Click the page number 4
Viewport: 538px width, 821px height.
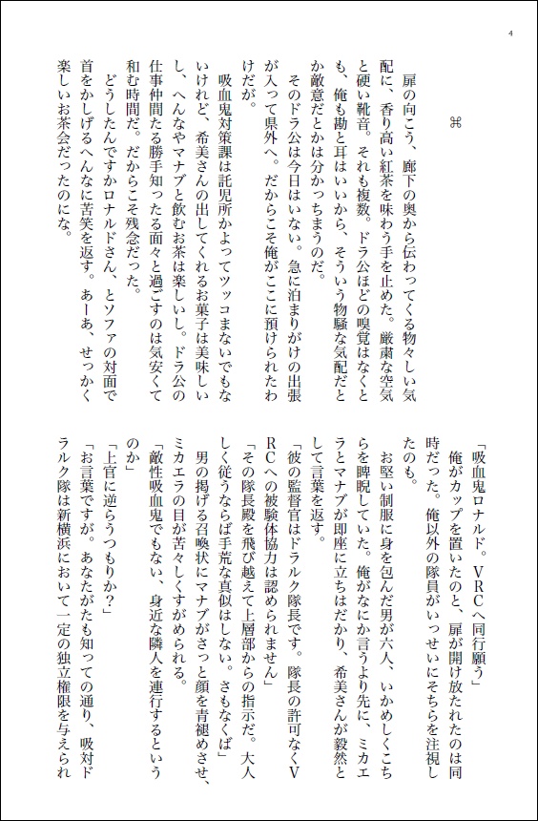tap(511, 35)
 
